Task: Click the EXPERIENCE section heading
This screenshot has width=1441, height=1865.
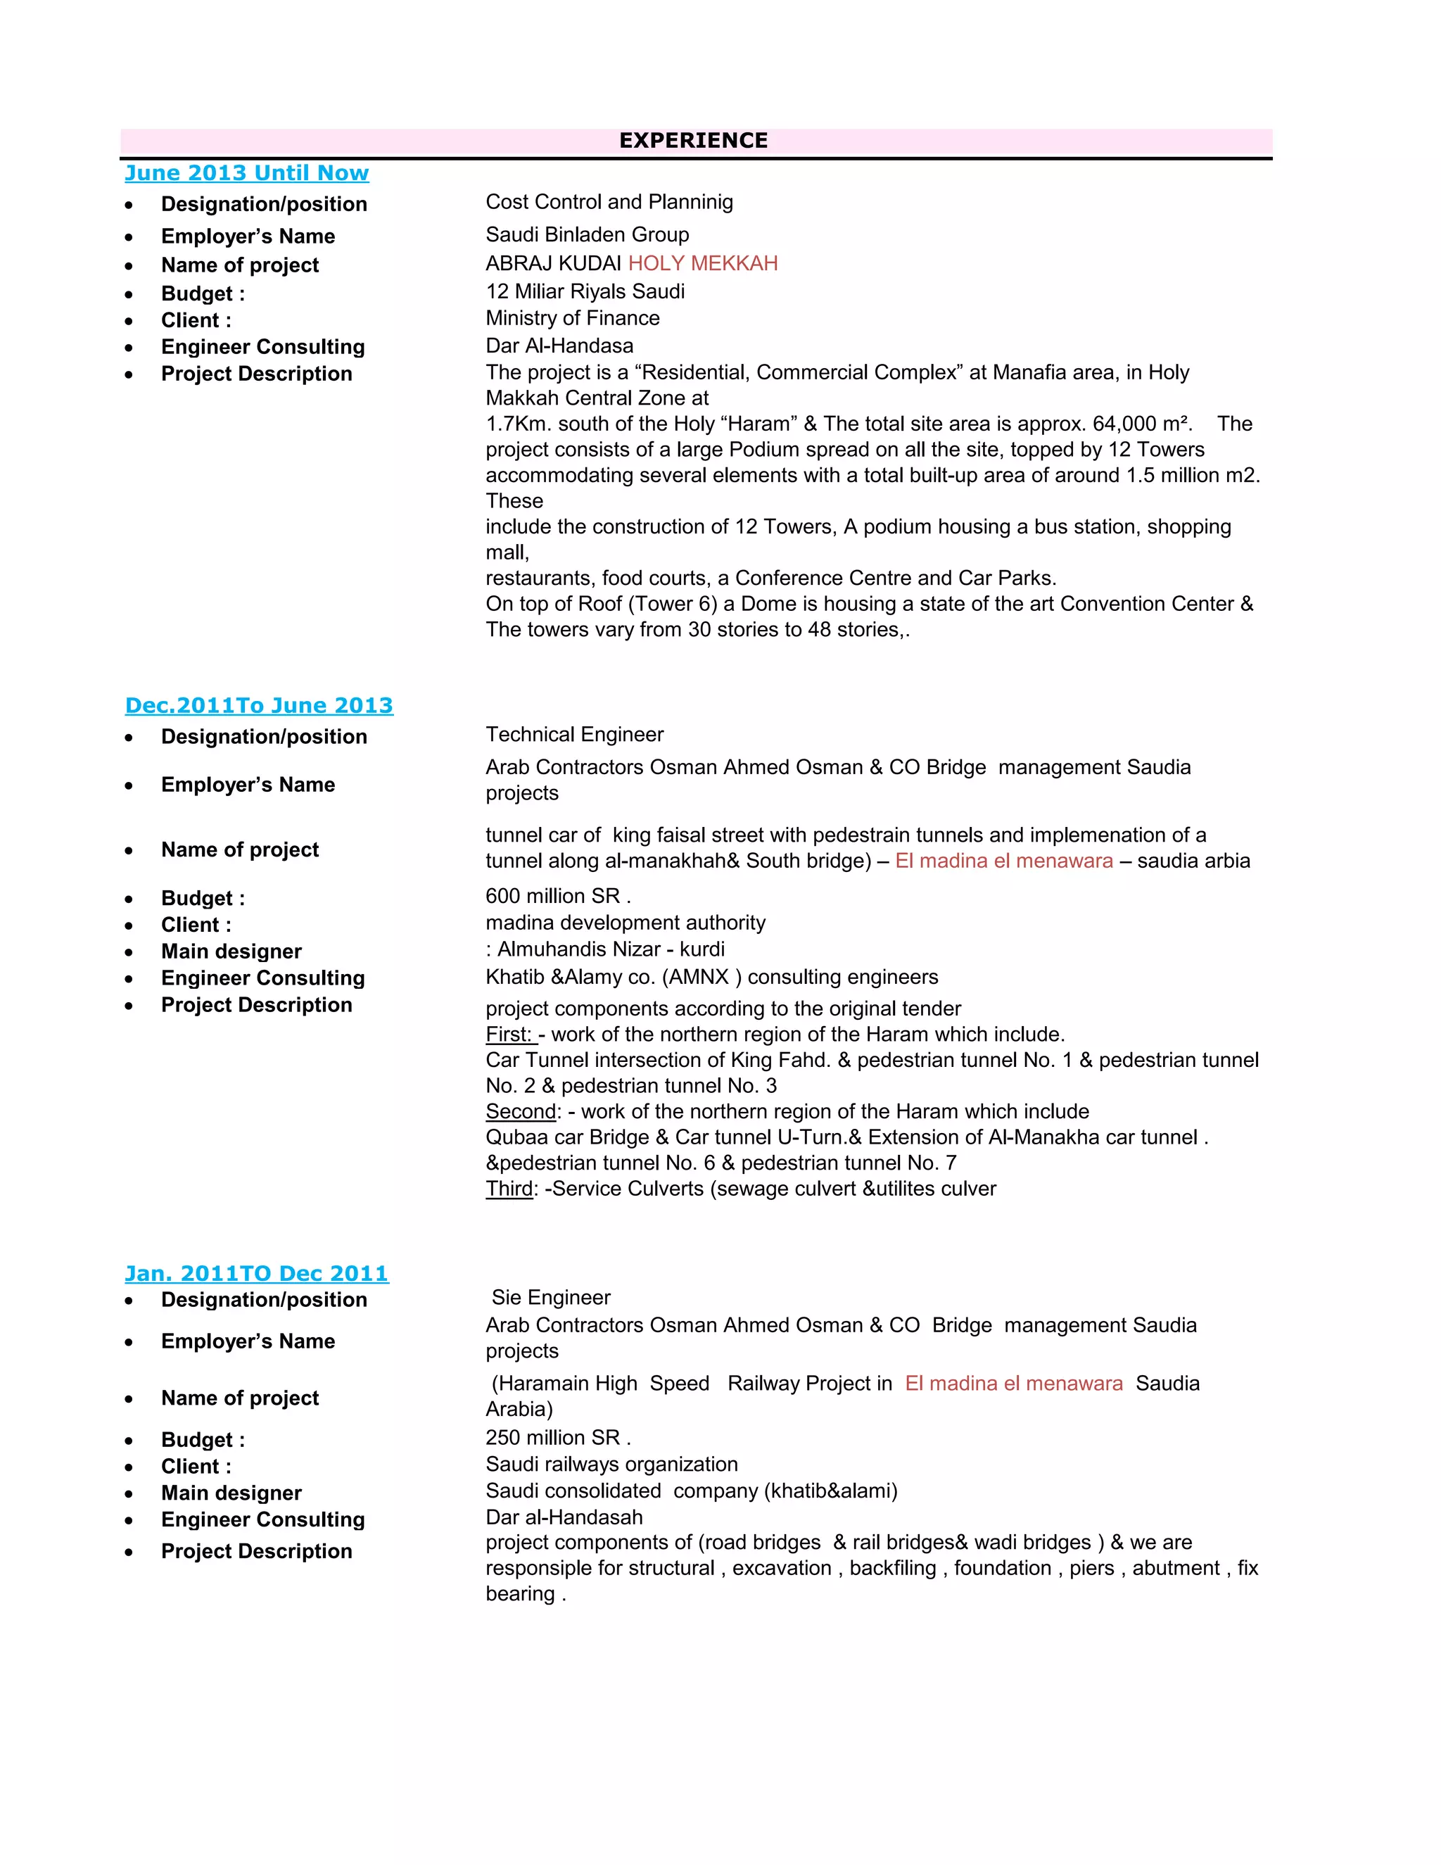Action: click(693, 141)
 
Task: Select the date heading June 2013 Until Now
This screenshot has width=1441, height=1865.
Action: click(247, 173)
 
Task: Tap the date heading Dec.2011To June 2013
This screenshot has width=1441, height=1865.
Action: click(259, 706)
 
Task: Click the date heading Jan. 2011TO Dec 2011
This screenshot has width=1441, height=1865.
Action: click(256, 1274)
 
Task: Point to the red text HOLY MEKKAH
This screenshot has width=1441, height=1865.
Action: click(703, 264)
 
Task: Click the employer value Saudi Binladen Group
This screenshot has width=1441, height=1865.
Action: click(588, 235)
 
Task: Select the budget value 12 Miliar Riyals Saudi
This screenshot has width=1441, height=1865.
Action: click(585, 292)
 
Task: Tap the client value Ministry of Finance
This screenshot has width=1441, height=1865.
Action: click(572, 319)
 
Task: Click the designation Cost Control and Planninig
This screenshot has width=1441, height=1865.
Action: click(609, 203)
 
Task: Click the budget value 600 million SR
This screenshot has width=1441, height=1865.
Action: click(557, 897)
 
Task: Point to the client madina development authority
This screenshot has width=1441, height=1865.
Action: click(625, 923)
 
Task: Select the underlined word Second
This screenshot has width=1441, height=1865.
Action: click(521, 1112)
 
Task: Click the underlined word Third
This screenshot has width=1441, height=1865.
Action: click(509, 1189)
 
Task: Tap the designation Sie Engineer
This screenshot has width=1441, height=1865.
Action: click(551, 1298)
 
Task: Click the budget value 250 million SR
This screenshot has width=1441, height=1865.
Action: click(557, 1438)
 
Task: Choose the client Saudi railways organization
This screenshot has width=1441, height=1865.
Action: click(611, 1465)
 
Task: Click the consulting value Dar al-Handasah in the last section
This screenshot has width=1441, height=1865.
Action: click(564, 1517)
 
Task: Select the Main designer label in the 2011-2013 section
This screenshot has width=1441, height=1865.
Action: click(231, 952)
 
